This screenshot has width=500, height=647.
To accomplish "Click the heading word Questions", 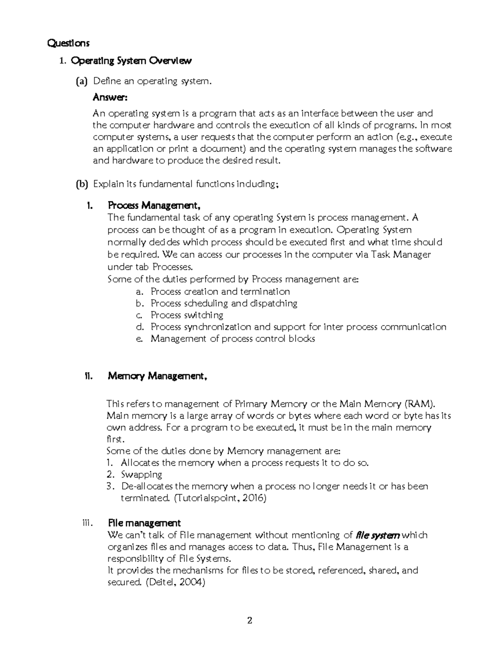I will pos(68,43).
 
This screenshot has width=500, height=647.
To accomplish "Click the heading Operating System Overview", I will pos(131,61).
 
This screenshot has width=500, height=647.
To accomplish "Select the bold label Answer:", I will pos(110,97).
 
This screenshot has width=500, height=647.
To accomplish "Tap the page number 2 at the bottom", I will pos(250,621).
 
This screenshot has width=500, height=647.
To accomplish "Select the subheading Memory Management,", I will pos(157,376).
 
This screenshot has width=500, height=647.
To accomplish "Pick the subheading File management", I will pos(144,523).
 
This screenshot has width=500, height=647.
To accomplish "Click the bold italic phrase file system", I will pos(378,535).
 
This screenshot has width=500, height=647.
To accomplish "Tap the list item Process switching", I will pos(187,315).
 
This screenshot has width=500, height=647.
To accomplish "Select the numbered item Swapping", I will pos(141,475).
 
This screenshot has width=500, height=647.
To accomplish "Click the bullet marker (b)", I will pos(82,184).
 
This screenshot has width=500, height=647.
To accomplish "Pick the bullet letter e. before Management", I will pos(140,339).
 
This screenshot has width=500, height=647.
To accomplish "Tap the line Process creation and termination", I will pos(220,292).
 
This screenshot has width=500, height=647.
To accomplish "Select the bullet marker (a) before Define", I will pos(82,81).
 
